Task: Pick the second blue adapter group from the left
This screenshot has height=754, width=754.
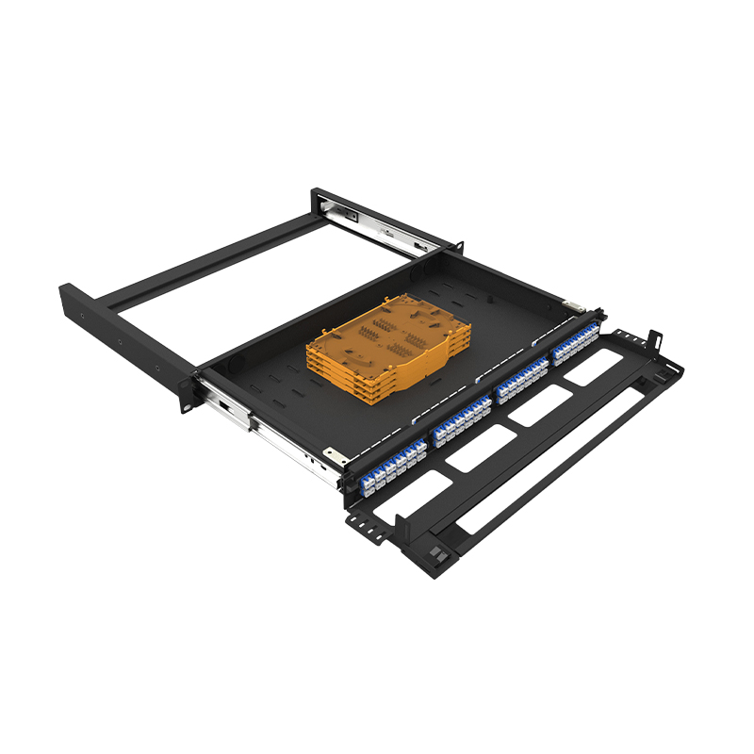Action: coord(462,418)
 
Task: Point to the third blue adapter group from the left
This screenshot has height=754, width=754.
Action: coord(521,381)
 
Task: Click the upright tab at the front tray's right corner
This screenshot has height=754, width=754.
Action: coord(653,339)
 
